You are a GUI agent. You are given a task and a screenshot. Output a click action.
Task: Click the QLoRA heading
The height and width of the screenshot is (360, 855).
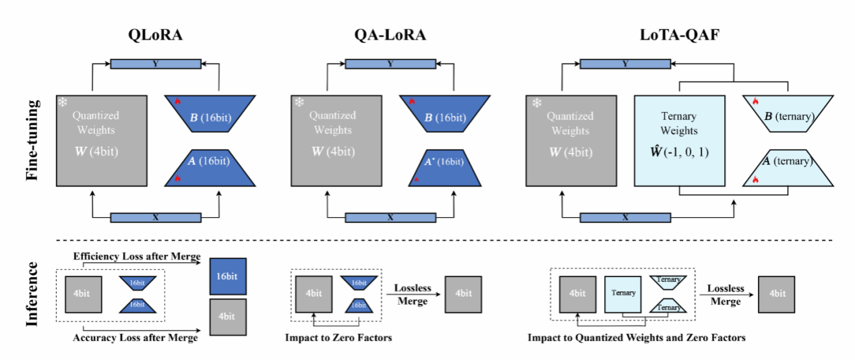[156, 38]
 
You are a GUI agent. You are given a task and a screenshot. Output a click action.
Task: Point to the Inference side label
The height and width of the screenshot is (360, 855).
[32, 297]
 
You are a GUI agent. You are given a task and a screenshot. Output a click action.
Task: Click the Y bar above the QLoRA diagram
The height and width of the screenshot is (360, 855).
[156, 64]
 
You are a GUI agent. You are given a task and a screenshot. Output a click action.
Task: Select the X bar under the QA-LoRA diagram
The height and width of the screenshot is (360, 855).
[390, 218]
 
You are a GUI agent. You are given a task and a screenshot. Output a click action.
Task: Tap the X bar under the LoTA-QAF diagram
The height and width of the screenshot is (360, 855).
[625, 218]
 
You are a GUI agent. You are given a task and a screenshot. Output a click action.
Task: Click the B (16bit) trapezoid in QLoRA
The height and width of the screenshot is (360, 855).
[209, 112]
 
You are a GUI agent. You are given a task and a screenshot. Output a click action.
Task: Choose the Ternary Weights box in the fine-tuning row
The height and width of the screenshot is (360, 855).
[680, 140]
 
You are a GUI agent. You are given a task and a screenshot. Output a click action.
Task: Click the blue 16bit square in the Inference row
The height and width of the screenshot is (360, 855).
[228, 276]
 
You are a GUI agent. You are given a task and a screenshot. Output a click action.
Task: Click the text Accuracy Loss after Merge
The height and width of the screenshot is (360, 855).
[135, 338]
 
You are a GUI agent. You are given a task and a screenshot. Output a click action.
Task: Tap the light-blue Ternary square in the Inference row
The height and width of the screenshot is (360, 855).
[624, 293]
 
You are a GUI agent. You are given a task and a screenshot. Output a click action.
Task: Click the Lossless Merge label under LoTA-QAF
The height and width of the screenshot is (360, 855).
[726, 295]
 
